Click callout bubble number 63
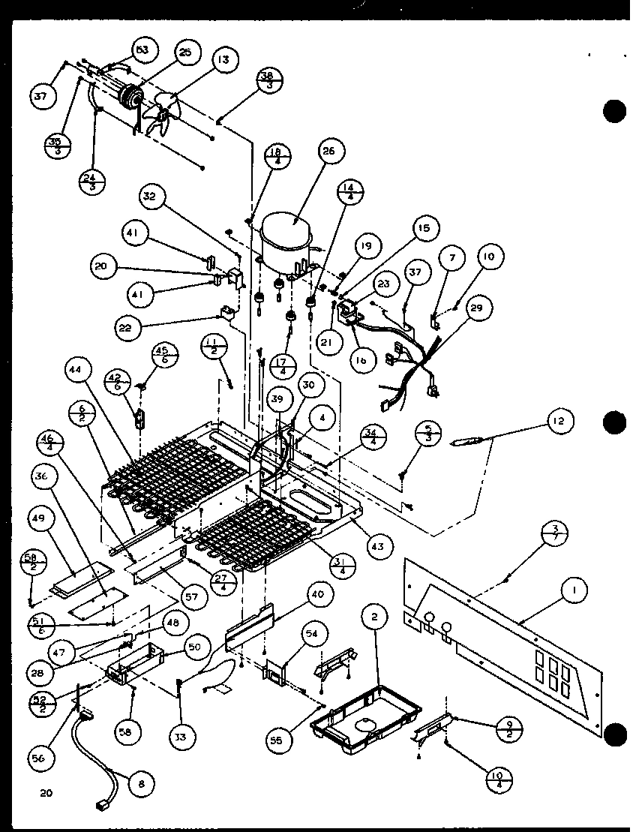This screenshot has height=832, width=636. [141, 51]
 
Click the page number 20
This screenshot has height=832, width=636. [31, 793]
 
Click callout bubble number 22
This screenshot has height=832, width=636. [128, 329]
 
